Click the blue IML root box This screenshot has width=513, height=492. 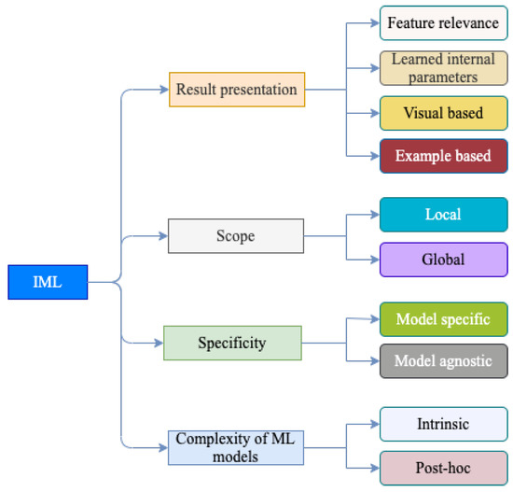click(x=48, y=282)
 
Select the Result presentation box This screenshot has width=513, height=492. click(x=237, y=90)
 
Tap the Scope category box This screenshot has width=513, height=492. click(x=235, y=235)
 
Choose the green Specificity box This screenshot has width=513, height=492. click(x=232, y=343)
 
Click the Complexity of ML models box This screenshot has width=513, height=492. click(x=236, y=447)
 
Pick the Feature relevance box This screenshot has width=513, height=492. click(x=443, y=22)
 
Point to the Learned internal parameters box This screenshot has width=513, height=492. click(x=443, y=68)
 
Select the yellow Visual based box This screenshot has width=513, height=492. click(x=443, y=113)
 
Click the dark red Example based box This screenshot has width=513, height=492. click(x=443, y=156)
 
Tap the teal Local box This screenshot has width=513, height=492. click(x=443, y=214)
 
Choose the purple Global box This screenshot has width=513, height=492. click(x=443, y=260)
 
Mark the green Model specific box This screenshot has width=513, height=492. click(x=443, y=319)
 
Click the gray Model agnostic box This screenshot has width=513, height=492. click(x=443, y=361)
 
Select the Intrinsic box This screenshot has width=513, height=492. click(x=443, y=424)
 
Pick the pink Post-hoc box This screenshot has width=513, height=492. click(x=443, y=466)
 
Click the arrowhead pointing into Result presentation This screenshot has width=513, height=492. click(x=164, y=90)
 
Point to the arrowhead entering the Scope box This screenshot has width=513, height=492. click(x=163, y=235)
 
